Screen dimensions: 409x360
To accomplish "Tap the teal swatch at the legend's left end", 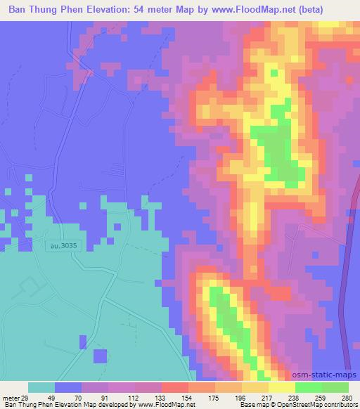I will pos(41,387).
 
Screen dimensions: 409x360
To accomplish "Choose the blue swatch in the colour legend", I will pos(68,387).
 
